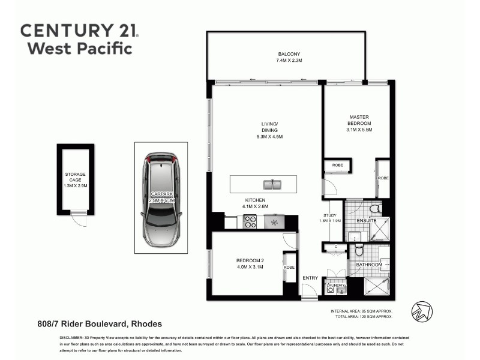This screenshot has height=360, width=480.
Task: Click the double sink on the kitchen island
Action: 272,184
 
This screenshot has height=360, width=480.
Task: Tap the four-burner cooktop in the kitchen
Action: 250,222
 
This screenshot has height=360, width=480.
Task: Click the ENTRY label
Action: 310,278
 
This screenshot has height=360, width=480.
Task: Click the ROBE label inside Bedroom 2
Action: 289,267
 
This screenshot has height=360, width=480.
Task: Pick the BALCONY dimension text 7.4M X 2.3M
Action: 285,61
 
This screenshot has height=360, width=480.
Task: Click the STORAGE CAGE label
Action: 76,177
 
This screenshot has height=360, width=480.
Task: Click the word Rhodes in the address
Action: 145,324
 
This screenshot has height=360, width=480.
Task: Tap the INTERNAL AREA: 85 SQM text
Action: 361,311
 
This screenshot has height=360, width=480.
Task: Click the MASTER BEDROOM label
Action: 359,120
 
